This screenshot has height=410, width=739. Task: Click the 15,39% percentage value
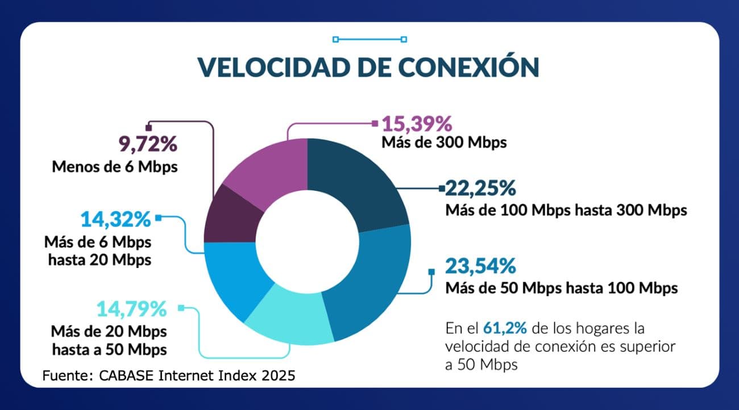pos(416,123)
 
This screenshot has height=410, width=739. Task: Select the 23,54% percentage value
pos(480,266)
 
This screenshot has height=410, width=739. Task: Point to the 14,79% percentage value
pos(131,309)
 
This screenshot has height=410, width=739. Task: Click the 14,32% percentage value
pos(115,219)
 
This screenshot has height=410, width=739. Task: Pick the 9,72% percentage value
pos(148,145)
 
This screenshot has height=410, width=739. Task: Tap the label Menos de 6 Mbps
pos(115,167)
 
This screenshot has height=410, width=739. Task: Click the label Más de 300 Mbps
pos(444,142)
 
